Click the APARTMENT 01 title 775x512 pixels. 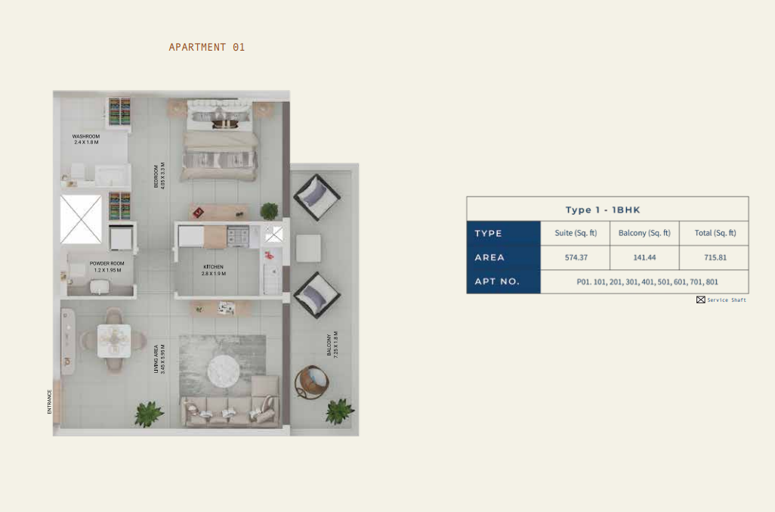(207, 47)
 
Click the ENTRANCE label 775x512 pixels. (49, 402)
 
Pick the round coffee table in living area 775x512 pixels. (224, 371)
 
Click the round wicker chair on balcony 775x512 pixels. (312, 382)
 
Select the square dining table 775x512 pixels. (114, 340)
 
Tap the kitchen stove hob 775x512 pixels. (238, 236)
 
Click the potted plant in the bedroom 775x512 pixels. (270, 211)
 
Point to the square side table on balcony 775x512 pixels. (308, 248)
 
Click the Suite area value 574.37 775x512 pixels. (576, 257)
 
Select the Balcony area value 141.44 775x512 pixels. (644, 257)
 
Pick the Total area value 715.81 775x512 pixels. (715, 257)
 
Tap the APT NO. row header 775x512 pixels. (497, 281)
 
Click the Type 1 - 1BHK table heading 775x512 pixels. (603, 209)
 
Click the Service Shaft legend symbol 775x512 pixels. (701, 299)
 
